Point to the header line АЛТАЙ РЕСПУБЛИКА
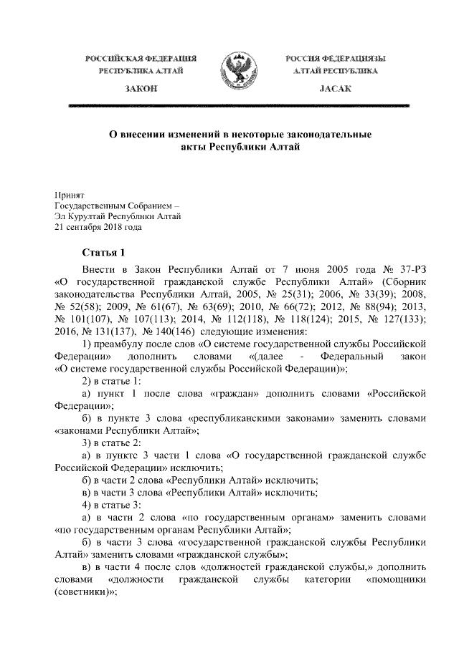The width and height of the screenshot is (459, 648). (x=331, y=71)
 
